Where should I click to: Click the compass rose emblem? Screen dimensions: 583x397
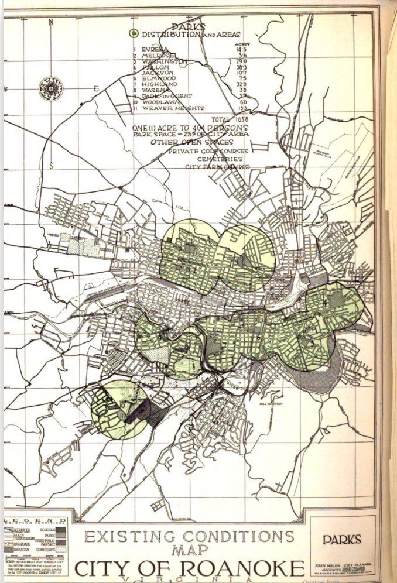(x=51, y=88)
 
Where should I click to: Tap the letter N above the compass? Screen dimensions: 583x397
(x=52, y=23)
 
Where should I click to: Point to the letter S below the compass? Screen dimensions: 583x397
(x=52, y=165)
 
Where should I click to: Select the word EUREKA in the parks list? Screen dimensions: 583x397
(x=156, y=49)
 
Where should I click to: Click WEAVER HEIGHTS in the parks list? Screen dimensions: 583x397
(x=176, y=108)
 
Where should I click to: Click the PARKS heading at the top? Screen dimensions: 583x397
(x=188, y=27)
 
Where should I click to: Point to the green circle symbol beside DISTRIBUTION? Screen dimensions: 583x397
(x=134, y=35)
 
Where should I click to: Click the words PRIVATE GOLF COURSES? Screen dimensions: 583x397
(x=208, y=151)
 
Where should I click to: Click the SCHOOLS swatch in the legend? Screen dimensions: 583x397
(x=61, y=529)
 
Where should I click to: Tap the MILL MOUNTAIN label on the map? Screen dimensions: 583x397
(x=272, y=403)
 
